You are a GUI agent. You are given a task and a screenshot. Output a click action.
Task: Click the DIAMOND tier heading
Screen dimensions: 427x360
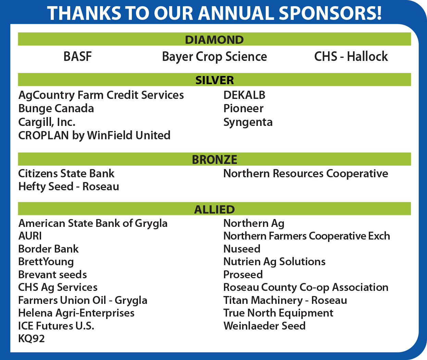(214, 40)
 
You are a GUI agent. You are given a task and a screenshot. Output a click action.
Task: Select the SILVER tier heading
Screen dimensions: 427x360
(214, 80)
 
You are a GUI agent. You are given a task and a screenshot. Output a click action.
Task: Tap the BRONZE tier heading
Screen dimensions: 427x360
(214, 160)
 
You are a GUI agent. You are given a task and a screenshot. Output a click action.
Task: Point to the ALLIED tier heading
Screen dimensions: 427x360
(214, 209)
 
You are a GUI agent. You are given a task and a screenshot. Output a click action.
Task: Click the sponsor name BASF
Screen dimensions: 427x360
(77, 56)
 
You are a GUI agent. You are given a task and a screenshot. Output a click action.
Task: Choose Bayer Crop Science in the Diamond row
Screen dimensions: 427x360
(214, 57)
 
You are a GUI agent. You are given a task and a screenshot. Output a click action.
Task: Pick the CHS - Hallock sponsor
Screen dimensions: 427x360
(351, 56)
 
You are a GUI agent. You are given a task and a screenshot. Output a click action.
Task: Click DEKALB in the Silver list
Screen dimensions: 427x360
(244, 95)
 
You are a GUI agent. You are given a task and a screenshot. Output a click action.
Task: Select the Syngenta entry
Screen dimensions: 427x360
(248, 123)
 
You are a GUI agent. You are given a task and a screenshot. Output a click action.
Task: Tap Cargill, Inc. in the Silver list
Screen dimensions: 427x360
(47, 122)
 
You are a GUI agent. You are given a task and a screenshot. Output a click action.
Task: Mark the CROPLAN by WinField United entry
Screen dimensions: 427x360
(94, 136)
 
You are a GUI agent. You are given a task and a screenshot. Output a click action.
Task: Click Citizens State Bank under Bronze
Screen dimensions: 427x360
(66, 173)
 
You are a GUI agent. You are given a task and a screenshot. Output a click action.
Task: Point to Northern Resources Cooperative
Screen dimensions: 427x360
(305, 174)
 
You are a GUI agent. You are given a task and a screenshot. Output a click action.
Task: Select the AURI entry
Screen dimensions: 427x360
(30, 236)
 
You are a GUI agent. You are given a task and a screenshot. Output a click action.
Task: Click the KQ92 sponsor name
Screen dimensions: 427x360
(31, 339)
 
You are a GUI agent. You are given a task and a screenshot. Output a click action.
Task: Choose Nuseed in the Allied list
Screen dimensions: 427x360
(242, 249)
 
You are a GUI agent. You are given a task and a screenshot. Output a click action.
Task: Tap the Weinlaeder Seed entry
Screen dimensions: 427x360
(264, 326)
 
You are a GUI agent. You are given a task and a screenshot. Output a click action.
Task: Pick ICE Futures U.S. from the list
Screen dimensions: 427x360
(56, 326)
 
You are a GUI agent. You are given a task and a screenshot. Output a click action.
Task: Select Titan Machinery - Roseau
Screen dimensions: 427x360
(285, 300)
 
